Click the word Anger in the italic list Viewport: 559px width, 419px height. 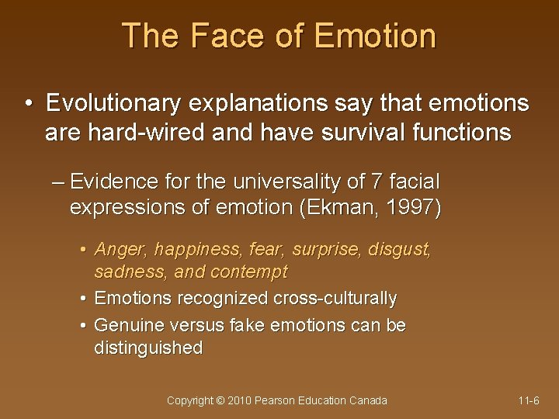pos(120,250)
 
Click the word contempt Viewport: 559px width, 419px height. pos(251,272)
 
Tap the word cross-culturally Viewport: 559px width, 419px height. pos(335,298)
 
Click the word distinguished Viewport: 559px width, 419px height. pos(148,348)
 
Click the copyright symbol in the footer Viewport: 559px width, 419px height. pos(221,400)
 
